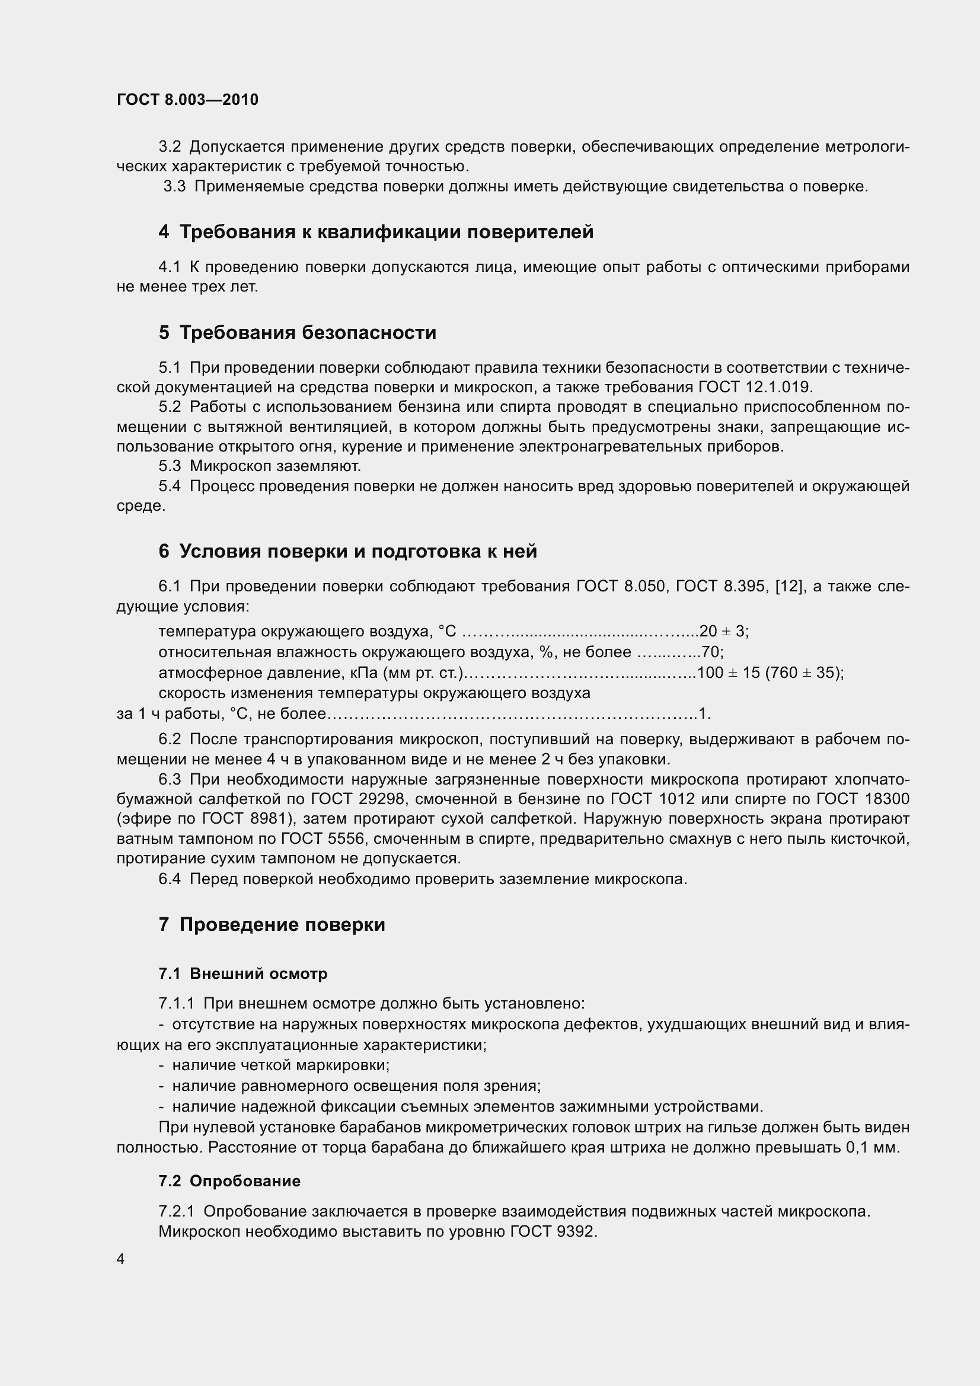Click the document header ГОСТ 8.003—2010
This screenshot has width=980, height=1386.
pos(187,100)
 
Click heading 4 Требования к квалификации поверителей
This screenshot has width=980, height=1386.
pos(375,232)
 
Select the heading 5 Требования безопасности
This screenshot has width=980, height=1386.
pos(297,332)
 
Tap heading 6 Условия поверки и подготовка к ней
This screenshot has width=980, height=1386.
pos(347,551)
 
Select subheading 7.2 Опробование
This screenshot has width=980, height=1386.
pos(229,1182)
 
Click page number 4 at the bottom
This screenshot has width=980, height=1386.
pos(121,1259)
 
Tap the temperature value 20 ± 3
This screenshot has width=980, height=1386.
pos(723,632)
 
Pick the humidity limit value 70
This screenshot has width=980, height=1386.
pos(711,652)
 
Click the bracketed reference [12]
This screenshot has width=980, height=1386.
pos(788,586)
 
